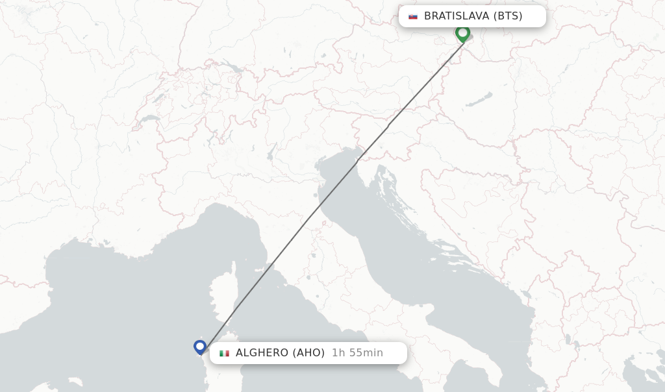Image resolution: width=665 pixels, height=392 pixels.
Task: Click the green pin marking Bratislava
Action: tap(462, 32)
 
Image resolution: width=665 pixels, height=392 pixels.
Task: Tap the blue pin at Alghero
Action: tap(200, 347)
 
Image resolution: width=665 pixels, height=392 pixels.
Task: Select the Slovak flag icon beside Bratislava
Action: tap(413, 16)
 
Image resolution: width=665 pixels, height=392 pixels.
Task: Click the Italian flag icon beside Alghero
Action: tap(225, 353)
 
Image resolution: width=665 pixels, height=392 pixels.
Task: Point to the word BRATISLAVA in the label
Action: tap(456, 16)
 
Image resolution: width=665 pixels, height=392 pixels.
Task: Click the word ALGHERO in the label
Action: tap(262, 353)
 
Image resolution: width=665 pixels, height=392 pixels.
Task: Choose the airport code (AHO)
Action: tap(308, 353)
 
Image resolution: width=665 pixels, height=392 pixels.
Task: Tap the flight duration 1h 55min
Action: tap(357, 353)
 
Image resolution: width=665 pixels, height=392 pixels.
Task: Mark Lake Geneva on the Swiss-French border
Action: tap(149, 119)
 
